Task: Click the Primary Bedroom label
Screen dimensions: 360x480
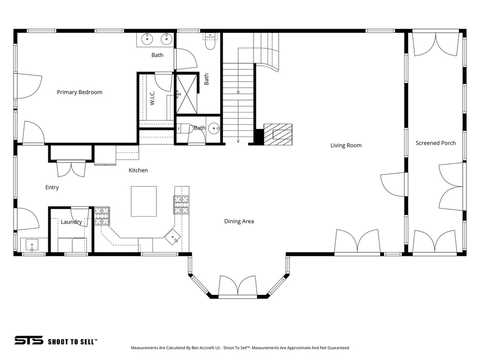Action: click(79, 92)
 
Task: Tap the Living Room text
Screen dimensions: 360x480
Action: click(346, 145)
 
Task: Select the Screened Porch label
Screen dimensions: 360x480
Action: click(435, 143)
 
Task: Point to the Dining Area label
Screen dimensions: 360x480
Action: click(239, 221)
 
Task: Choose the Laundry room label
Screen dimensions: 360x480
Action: click(71, 222)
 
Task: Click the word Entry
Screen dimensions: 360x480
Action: click(52, 187)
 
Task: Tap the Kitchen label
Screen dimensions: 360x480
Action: click(138, 170)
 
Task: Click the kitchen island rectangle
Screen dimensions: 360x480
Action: click(143, 201)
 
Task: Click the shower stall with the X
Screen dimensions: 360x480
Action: click(187, 94)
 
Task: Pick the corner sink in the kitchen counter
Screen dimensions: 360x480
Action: click(173, 237)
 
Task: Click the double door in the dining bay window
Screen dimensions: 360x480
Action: click(238, 286)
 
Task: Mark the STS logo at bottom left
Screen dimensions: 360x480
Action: click(29, 340)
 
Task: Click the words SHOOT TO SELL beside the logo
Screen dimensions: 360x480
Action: click(73, 341)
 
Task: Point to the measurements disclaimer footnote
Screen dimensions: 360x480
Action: click(240, 348)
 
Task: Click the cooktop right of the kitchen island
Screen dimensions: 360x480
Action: click(182, 204)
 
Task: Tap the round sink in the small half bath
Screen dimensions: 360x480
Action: click(214, 128)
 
